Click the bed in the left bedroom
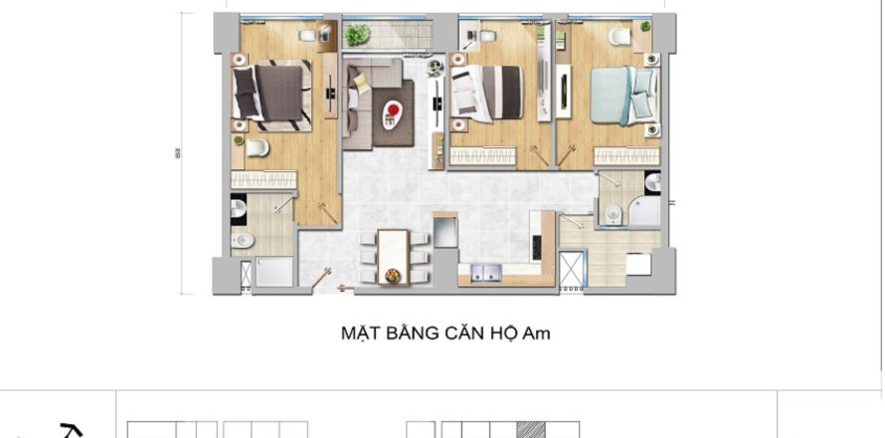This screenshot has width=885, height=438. click(x=270, y=93)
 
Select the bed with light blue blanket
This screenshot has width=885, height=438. click(x=624, y=95)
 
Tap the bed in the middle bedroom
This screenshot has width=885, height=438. click(x=486, y=93)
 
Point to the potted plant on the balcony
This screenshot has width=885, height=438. click(x=357, y=35)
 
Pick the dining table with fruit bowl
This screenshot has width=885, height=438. click(x=393, y=253)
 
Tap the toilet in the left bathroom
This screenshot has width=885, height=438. click(x=243, y=240)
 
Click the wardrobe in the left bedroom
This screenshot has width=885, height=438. click(x=265, y=179)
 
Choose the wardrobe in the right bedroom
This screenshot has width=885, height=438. click(x=627, y=155)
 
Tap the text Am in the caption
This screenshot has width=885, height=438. click(x=536, y=333)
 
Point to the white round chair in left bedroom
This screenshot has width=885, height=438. click(x=257, y=149)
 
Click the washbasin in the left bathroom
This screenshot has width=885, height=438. click(x=239, y=207)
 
